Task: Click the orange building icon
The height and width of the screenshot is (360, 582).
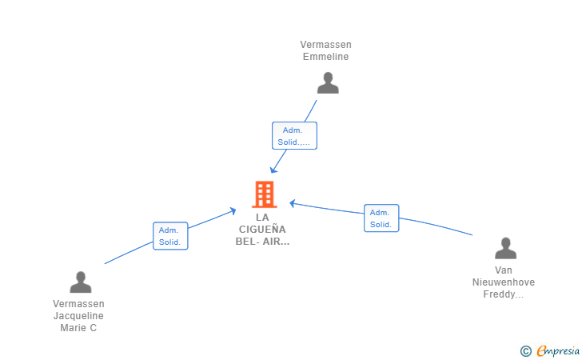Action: tap(265, 194)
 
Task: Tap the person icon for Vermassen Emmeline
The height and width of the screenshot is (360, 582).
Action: tap(328, 83)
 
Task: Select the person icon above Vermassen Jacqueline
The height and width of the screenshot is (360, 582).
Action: tap(81, 282)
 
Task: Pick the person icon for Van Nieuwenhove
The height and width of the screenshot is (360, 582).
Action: tap(505, 248)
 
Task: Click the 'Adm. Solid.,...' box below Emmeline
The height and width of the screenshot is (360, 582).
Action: tap(294, 136)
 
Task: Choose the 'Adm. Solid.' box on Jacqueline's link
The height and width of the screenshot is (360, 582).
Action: tap(170, 236)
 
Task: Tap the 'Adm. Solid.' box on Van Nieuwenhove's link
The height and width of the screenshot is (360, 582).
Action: tap(381, 218)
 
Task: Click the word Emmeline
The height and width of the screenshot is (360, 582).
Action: tap(325, 57)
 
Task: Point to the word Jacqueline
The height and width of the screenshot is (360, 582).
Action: tap(78, 316)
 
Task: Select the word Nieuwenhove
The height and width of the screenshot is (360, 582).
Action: tap(504, 282)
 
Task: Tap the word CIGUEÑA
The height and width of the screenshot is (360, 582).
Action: tap(262, 229)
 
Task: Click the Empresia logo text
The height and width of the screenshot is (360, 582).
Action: tap(558, 350)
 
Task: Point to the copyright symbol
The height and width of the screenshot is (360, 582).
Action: tap(525, 351)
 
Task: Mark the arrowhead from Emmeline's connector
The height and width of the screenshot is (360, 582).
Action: tap(273, 170)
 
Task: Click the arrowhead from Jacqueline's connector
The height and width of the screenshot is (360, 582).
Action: tap(233, 210)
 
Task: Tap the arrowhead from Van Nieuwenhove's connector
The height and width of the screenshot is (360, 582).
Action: tap(293, 203)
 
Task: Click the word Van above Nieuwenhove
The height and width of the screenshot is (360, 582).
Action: tap(504, 270)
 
